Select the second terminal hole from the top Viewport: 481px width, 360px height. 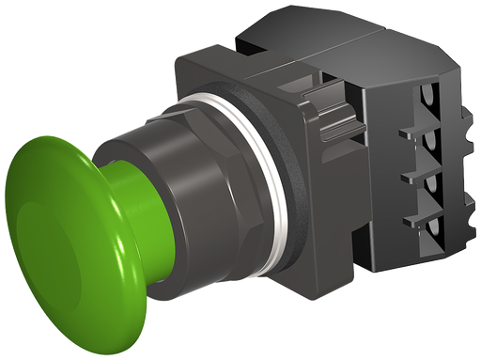433,142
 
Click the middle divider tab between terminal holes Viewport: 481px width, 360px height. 408,175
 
